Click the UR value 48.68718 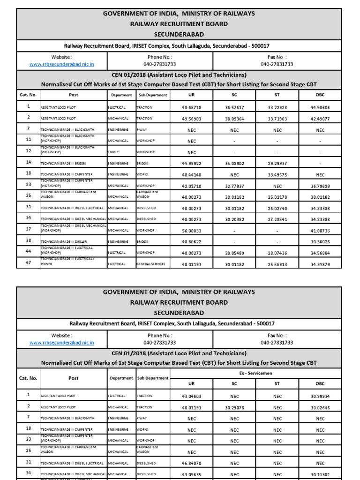pyautogui.click(x=191, y=107)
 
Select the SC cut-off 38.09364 pyautogui.click(x=234, y=119)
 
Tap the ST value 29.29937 pyautogui.click(x=277, y=163)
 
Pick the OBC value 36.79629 pyautogui.click(x=320, y=186)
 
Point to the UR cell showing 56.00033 pyautogui.click(x=191, y=230)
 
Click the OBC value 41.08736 pyautogui.click(x=320, y=230)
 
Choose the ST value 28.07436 pyautogui.click(x=277, y=253)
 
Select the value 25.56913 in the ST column pyautogui.click(x=277, y=264)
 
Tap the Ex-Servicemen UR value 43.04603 pyautogui.click(x=191, y=396)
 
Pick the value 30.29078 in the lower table pyautogui.click(x=234, y=407)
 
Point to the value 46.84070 pyautogui.click(x=191, y=463)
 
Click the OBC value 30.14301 pyautogui.click(x=320, y=474)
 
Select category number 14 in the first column pyautogui.click(x=28, y=163)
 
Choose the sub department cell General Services pyautogui.click(x=151, y=264)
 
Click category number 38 pyautogui.click(x=28, y=241)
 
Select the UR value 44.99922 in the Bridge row pyautogui.click(x=191, y=163)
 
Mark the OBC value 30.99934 pyautogui.click(x=320, y=396)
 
